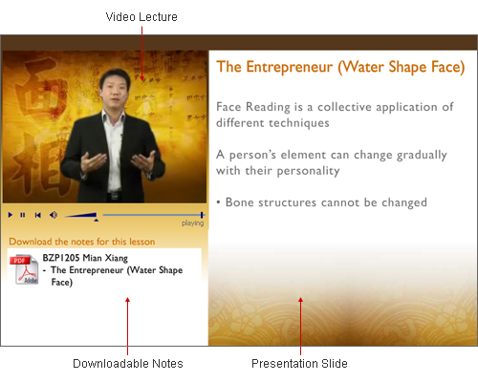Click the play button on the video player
pos(11,215)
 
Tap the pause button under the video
pos(23,215)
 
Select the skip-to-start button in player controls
pos(37,215)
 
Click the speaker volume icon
pos(54,215)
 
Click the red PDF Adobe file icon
pos(24,269)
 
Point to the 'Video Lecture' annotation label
pos(141,17)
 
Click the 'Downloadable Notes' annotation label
pos(128,364)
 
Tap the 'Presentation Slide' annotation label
pos(299,364)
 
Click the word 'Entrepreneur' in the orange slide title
pos(290,68)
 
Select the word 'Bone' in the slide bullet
pos(239,202)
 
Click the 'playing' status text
pos(192,223)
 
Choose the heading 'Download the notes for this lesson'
pos(82,242)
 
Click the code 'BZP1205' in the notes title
pos(61,258)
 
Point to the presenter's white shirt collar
pos(113,116)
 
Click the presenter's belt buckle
pos(115,196)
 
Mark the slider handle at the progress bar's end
pos(202,215)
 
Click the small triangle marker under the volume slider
pos(96,220)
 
